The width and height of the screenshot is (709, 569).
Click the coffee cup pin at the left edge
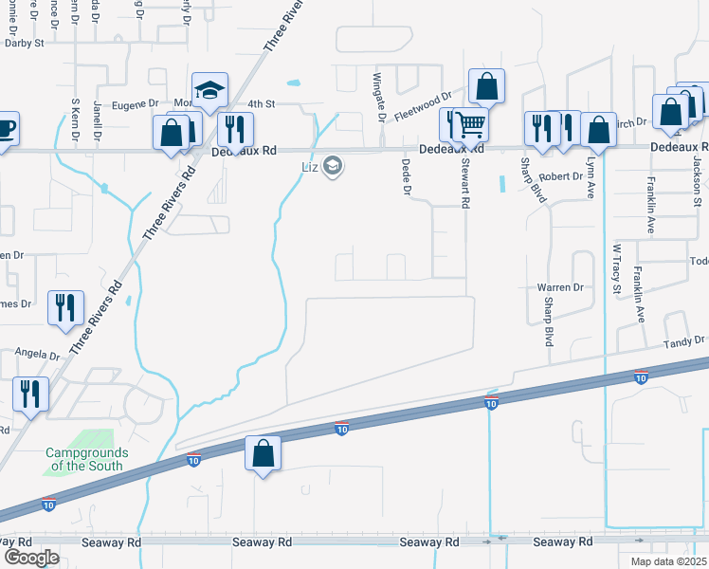click(5, 128)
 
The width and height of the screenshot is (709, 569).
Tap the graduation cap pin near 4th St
click(208, 91)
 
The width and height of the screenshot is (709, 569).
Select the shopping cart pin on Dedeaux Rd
click(466, 124)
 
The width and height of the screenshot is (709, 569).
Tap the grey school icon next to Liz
click(332, 168)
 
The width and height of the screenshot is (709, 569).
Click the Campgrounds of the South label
click(87, 459)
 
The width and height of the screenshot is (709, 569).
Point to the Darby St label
click(26, 43)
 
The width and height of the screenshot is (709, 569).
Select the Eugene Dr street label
click(136, 103)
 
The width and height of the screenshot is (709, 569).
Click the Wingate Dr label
click(377, 97)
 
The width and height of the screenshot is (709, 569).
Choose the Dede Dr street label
click(406, 176)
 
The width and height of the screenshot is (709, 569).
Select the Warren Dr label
click(559, 286)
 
